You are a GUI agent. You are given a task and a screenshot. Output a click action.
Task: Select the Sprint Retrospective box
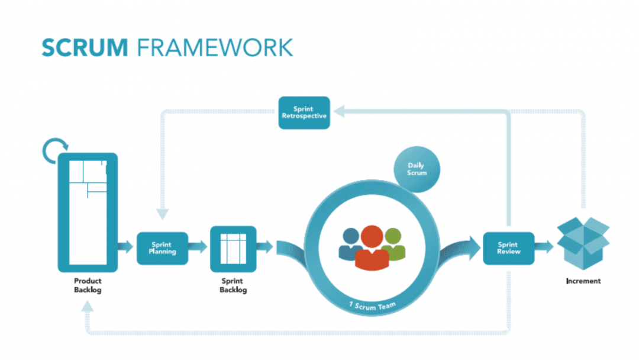coord(304,112)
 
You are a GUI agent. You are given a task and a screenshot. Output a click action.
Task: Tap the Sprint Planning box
coord(162,248)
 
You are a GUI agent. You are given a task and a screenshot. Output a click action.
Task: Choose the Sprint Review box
coord(508,248)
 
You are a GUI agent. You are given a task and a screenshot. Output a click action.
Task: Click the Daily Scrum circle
coord(417,169)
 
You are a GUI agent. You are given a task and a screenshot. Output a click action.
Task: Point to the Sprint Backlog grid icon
coord(233,248)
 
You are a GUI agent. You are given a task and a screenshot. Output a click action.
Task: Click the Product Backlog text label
coord(88,285)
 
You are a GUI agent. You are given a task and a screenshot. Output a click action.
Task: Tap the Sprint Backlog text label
coord(233,285)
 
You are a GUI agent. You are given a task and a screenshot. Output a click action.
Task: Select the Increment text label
coord(583,281)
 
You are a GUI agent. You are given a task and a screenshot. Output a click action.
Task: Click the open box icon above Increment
coord(583,242)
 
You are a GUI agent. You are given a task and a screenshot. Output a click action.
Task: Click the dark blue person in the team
coord(350,243)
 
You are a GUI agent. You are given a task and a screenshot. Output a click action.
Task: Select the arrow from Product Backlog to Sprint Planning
coord(126,247)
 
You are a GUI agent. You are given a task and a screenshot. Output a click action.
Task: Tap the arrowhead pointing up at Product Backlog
coord(88,307)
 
